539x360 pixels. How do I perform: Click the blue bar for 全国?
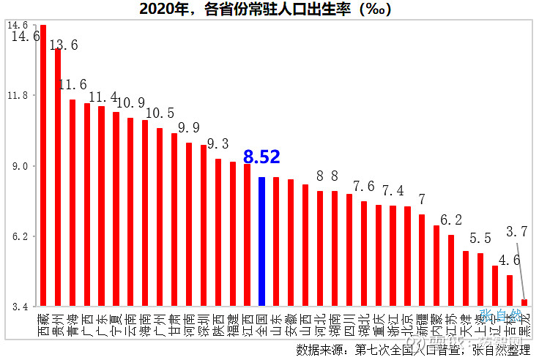pyautogui.click(x=261, y=241)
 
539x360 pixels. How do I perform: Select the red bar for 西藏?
pyautogui.click(x=43, y=165)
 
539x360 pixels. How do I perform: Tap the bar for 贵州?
pyautogui.click(x=58, y=176)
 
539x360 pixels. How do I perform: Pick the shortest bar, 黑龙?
pyautogui.click(x=524, y=301)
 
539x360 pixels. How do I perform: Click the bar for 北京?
pyautogui.click(x=407, y=256)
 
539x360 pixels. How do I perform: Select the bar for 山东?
pyautogui.click(x=276, y=241)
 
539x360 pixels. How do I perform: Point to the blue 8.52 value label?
pyautogui.click(x=261, y=157)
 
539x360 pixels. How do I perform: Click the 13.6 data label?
pyautogui.click(x=64, y=45)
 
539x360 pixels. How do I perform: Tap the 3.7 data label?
pyautogui.click(x=516, y=232)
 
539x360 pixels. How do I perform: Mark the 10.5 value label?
pyautogui.click(x=160, y=113)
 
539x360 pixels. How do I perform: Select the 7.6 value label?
pyautogui.click(x=364, y=187)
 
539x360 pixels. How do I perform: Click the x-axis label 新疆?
pyautogui.click(x=422, y=321)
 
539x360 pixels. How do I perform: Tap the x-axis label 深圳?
pyautogui.click(x=204, y=321)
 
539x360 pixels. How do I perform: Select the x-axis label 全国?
pyautogui.click(x=261, y=321)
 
